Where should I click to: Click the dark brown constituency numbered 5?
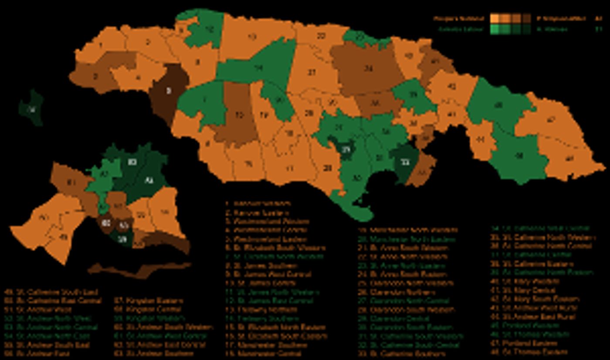[x=168, y=92]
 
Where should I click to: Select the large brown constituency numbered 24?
[x=369, y=68]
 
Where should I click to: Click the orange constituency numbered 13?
[x=251, y=37]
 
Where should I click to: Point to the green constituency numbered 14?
[x=259, y=68]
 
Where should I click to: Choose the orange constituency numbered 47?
[x=551, y=120]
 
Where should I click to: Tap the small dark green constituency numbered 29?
[x=346, y=150]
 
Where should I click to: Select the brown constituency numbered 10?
[x=238, y=115]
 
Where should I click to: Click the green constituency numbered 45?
[x=498, y=105]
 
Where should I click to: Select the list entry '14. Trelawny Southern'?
[x=263, y=319]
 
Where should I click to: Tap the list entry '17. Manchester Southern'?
[x=266, y=345]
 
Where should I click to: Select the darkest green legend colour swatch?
[x=527, y=30]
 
